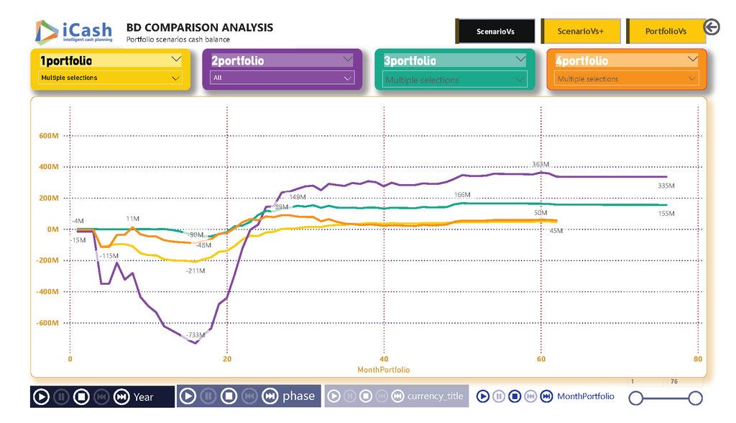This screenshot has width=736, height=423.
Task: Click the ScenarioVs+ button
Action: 581,32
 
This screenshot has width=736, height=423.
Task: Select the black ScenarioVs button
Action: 495,32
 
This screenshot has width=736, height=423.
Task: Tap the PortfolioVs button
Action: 666,32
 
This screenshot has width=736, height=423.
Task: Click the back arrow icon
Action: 712,27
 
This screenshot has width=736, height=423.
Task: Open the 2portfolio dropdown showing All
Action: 282,78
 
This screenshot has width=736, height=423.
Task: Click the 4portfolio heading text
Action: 581,61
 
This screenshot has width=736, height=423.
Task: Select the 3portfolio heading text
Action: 410,61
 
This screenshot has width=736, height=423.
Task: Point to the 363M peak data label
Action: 540,165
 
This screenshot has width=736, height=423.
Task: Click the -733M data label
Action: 195,336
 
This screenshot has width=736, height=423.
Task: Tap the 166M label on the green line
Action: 462,195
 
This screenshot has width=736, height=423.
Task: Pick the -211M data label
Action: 195,271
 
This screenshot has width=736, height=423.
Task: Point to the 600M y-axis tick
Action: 49,136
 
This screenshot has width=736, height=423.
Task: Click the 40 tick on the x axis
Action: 384,359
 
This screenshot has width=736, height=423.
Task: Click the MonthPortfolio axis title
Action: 384,370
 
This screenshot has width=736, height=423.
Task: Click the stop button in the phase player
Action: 229,396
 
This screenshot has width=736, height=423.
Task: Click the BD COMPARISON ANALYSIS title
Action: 199,28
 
